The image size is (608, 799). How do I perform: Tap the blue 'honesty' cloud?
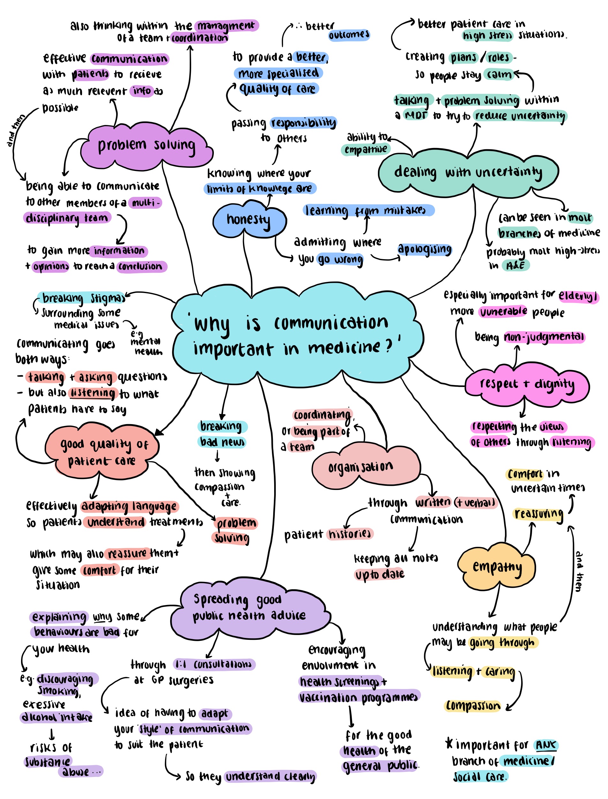[249, 220]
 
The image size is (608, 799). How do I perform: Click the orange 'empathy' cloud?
[497, 568]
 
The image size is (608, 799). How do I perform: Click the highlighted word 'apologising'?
[424, 249]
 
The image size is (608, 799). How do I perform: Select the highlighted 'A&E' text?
[515, 266]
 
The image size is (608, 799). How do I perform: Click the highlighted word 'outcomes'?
[349, 35]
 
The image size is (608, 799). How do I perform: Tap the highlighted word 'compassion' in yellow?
[473, 705]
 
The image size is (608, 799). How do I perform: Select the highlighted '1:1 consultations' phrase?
[214, 664]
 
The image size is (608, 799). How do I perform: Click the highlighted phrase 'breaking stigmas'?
[83, 298]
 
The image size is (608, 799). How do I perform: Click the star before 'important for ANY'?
[449, 744]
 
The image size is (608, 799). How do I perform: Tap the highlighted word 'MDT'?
[416, 116]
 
